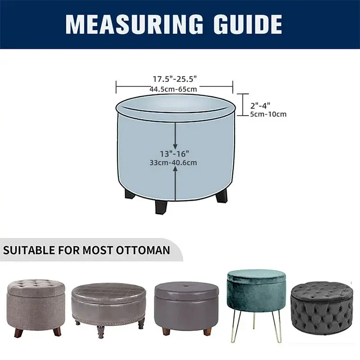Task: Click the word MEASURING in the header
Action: point(134,24)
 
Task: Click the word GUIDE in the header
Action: point(248,24)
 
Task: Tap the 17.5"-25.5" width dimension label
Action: point(175,79)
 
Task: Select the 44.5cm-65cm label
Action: point(173,89)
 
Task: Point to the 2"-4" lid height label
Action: point(260,106)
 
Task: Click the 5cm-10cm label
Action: point(268,114)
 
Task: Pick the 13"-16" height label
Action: point(175,153)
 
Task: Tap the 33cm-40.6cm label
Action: point(173,162)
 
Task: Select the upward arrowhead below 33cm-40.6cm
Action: point(175,169)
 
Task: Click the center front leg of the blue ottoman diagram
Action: point(162,207)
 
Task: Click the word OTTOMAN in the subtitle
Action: point(143,250)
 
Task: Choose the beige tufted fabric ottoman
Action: point(36,308)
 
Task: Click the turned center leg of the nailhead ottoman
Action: point(100,332)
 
